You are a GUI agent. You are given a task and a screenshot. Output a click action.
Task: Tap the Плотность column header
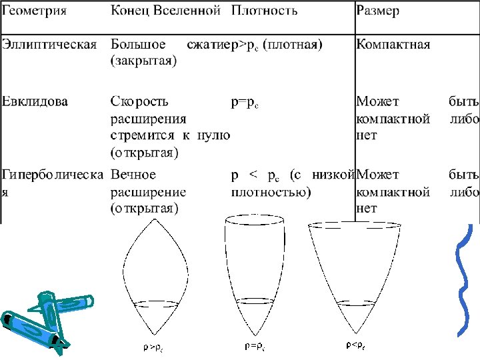[265, 11]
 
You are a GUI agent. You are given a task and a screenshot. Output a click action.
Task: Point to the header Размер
[378, 11]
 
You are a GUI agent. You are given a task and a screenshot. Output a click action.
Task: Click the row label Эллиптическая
[49, 45]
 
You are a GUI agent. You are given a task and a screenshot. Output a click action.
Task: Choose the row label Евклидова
[35, 102]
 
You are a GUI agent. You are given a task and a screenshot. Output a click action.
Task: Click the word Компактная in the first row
[393, 45]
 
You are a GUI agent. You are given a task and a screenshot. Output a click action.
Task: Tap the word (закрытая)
[143, 61]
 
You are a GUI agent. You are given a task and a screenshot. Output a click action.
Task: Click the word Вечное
[133, 175]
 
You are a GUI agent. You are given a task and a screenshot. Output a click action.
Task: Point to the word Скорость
[139, 102]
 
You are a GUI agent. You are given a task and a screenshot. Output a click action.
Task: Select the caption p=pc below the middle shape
[255, 347]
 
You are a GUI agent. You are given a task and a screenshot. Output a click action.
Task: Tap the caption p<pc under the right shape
[355, 345]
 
